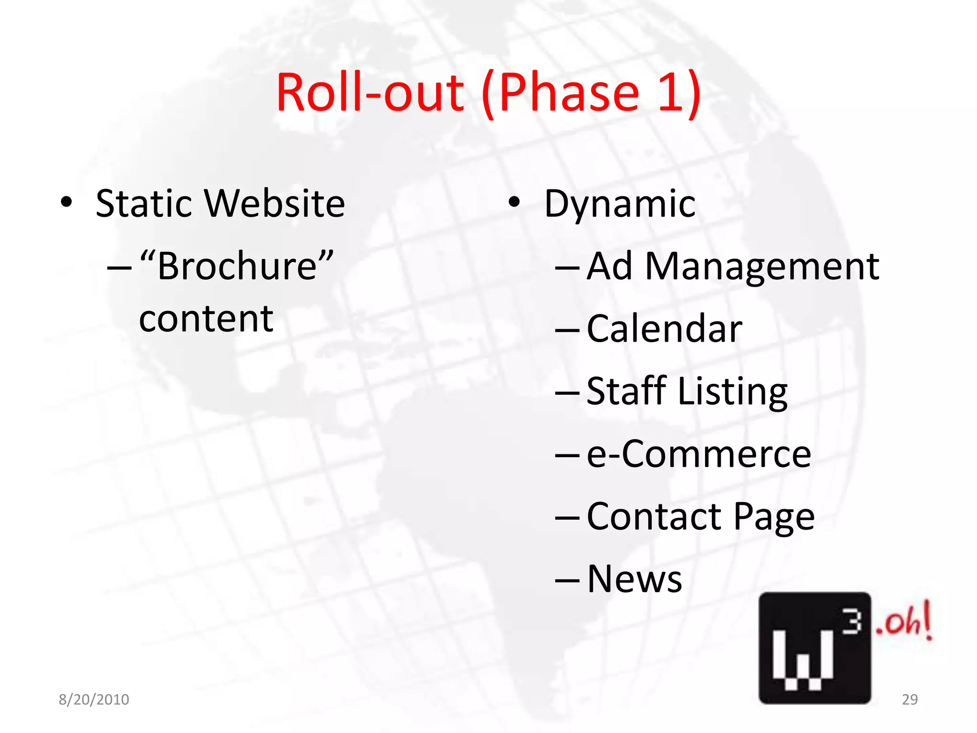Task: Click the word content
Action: pyautogui.click(x=206, y=319)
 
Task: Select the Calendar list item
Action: pyautogui.click(x=664, y=329)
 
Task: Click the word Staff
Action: pyautogui.click(x=626, y=391)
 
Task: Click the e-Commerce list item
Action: pyautogui.click(x=698, y=454)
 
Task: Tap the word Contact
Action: pyautogui.click(x=654, y=516)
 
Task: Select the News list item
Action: pyautogui.click(x=634, y=579)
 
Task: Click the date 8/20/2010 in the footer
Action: pyautogui.click(x=94, y=699)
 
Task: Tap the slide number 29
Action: pyautogui.click(x=910, y=699)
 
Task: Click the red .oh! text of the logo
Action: pyautogui.click(x=903, y=622)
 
